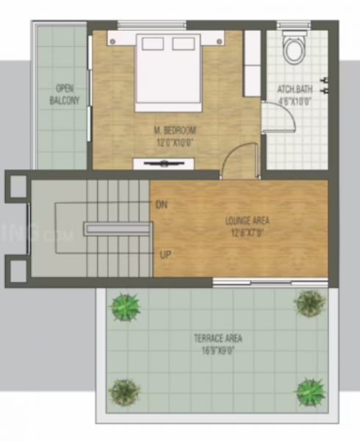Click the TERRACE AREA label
(x=217, y=339)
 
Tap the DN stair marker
(x=162, y=205)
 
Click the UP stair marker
(x=165, y=255)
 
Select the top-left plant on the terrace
(x=125, y=306)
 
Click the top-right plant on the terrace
(x=309, y=302)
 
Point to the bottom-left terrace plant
(x=124, y=390)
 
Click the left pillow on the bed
(x=152, y=43)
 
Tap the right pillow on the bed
(x=183, y=43)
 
